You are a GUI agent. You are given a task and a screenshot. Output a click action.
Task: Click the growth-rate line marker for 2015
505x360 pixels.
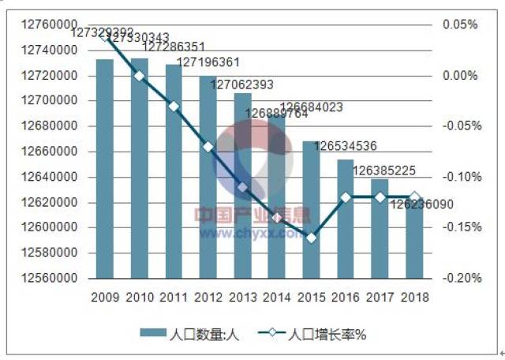(x=312, y=238)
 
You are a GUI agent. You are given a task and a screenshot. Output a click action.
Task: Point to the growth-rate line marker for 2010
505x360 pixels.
(x=140, y=76)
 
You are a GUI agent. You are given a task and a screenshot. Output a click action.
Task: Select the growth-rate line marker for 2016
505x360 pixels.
(x=346, y=197)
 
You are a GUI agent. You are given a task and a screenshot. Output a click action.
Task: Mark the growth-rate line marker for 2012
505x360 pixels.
(x=208, y=147)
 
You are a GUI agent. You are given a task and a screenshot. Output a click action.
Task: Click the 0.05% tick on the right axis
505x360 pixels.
(x=460, y=24)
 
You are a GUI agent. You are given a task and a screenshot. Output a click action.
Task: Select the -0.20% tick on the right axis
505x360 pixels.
(x=458, y=279)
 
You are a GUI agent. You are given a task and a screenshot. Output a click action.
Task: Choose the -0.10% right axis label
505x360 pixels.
(x=458, y=177)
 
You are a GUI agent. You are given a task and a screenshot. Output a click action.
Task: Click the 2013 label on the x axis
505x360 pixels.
(x=242, y=298)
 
